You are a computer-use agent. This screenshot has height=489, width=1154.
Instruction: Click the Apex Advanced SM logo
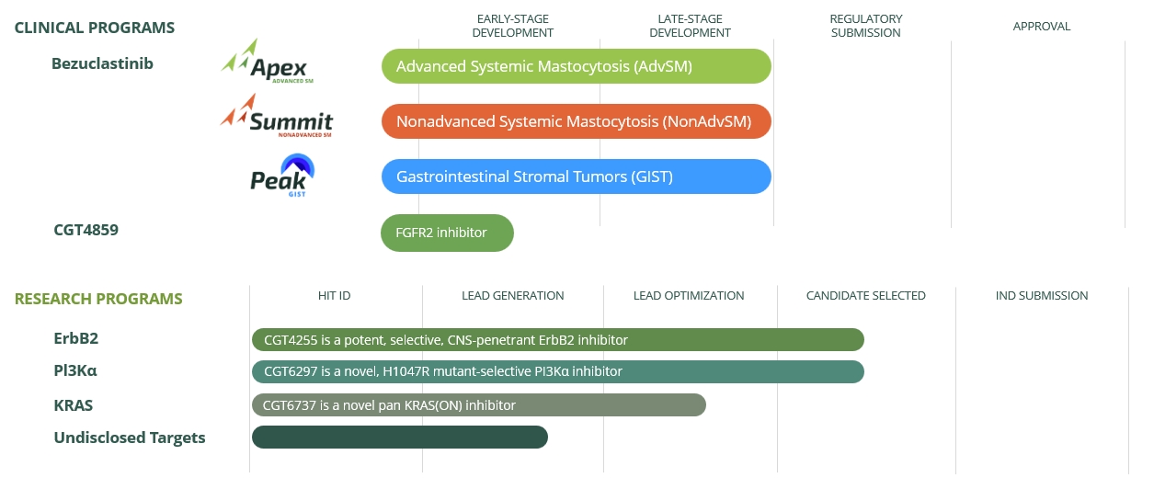click(x=267, y=63)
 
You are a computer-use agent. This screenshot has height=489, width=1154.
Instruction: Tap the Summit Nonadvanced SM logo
click(x=277, y=118)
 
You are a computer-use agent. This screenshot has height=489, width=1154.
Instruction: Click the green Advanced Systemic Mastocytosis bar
click(x=577, y=66)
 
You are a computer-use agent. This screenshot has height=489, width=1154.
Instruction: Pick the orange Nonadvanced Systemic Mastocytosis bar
click(x=577, y=121)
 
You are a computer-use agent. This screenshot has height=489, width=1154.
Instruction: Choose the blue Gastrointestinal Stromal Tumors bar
click(x=577, y=176)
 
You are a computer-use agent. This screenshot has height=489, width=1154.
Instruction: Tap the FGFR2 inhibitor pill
click(x=447, y=233)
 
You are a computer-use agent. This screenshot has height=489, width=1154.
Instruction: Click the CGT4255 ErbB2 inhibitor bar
click(x=557, y=340)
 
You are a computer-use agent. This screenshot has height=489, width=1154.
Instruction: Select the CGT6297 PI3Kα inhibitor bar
click(x=557, y=371)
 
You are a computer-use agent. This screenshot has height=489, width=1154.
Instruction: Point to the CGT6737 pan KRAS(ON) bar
click(x=478, y=405)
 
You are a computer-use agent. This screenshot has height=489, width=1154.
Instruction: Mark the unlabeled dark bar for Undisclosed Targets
click(x=399, y=438)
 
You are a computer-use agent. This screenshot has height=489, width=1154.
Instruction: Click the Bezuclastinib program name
click(x=102, y=63)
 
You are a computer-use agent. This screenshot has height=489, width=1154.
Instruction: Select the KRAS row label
click(x=74, y=405)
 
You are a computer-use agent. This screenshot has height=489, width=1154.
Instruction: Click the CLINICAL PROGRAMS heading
click(x=95, y=28)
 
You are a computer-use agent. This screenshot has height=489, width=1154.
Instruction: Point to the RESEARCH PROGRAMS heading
click(x=98, y=299)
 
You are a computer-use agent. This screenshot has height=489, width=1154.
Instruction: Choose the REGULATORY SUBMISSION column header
click(x=865, y=26)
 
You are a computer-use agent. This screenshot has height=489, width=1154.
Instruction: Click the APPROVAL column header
click(x=1041, y=27)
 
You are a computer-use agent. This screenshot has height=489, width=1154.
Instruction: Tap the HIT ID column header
click(x=334, y=296)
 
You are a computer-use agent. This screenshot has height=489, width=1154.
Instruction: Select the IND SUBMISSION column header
click(x=1041, y=296)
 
